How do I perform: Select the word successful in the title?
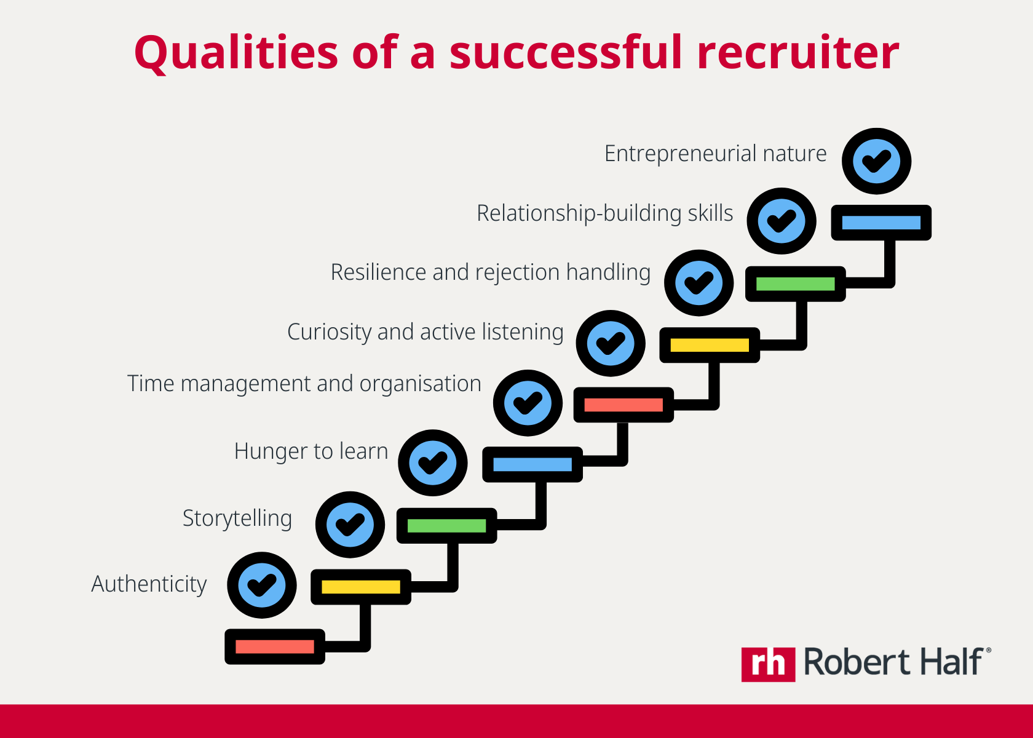[566, 53]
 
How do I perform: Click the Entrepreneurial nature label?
[715, 154]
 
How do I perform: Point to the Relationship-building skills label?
[604, 213]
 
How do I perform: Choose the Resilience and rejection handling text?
[490, 272]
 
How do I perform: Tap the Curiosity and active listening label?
[425, 332]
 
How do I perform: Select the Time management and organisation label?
[304, 384]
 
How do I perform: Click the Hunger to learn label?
[311, 451]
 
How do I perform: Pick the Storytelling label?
[237, 518]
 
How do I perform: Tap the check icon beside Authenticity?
[262, 585]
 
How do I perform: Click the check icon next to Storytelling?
[350, 525]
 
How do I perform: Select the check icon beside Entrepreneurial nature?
[876, 161]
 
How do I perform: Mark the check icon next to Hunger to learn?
[433, 462]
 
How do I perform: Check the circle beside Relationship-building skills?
[782, 221]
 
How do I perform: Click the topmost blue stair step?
[881, 223]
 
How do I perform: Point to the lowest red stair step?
[275, 646]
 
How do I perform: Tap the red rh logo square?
[768, 664]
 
